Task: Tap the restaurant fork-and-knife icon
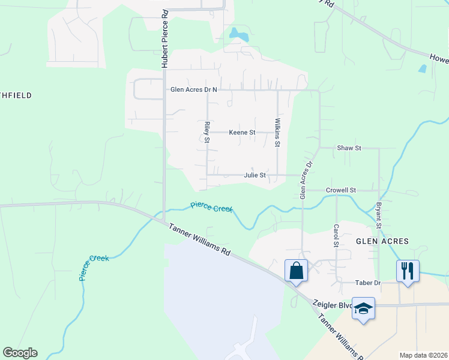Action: (x=408, y=271)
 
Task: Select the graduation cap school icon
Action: (x=364, y=308)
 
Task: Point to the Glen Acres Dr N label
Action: (x=193, y=90)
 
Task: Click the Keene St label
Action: (x=242, y=132)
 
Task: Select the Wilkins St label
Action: (x=277, y=133)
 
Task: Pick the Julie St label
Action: (x=255, y=176)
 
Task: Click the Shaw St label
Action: (x=349, y=148)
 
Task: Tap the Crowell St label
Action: (x=341, y=190)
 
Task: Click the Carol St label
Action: (x=336, y=236)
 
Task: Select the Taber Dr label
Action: (x=352, y=282)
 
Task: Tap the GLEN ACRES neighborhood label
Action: (x=382, y=241)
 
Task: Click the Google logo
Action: (x=20, y=353)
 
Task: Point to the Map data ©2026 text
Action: (x=423, y=355)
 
